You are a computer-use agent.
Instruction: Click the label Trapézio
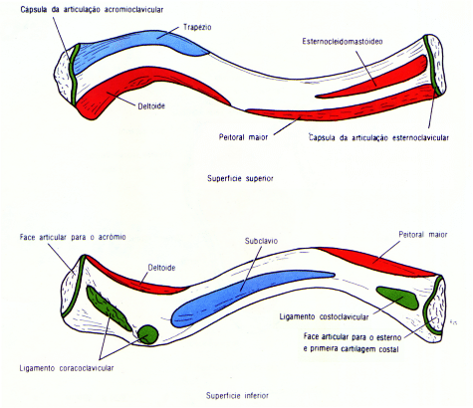pyautogui.click(x=197, y=27)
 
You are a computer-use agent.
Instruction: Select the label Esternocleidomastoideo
pyautogui.click(x=343, y=42)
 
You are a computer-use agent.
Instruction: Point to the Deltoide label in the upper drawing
pyautogui.click(x=151, y=106)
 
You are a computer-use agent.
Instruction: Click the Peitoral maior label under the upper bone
pyautogui.click(x=243, y=137)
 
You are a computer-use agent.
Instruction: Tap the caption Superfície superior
pyautogui.click(x=240, y=178)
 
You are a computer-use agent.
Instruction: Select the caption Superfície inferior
pyautogui.click(x=237, y=395)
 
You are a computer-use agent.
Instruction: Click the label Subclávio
pyautogui.click(x=261, y=241)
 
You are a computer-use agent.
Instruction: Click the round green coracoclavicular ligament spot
pyautogui.click(x=147, y=334)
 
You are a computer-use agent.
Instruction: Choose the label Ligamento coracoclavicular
pyautogui.click(x=67, y=368)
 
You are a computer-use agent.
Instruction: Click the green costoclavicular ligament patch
pyautogui.click(x=398, y=298)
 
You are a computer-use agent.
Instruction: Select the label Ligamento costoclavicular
pyautogui.click(x=324, y=316)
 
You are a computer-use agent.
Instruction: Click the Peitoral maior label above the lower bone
pyautogui.click(x=423, y=235)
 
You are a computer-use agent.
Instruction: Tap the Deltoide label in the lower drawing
pyautogui.click(x=161, y=268)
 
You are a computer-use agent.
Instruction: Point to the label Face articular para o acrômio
pyautogui.click(x=73, y=237)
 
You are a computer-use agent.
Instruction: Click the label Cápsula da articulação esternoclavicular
pyautogui.click(x=378, y=137)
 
